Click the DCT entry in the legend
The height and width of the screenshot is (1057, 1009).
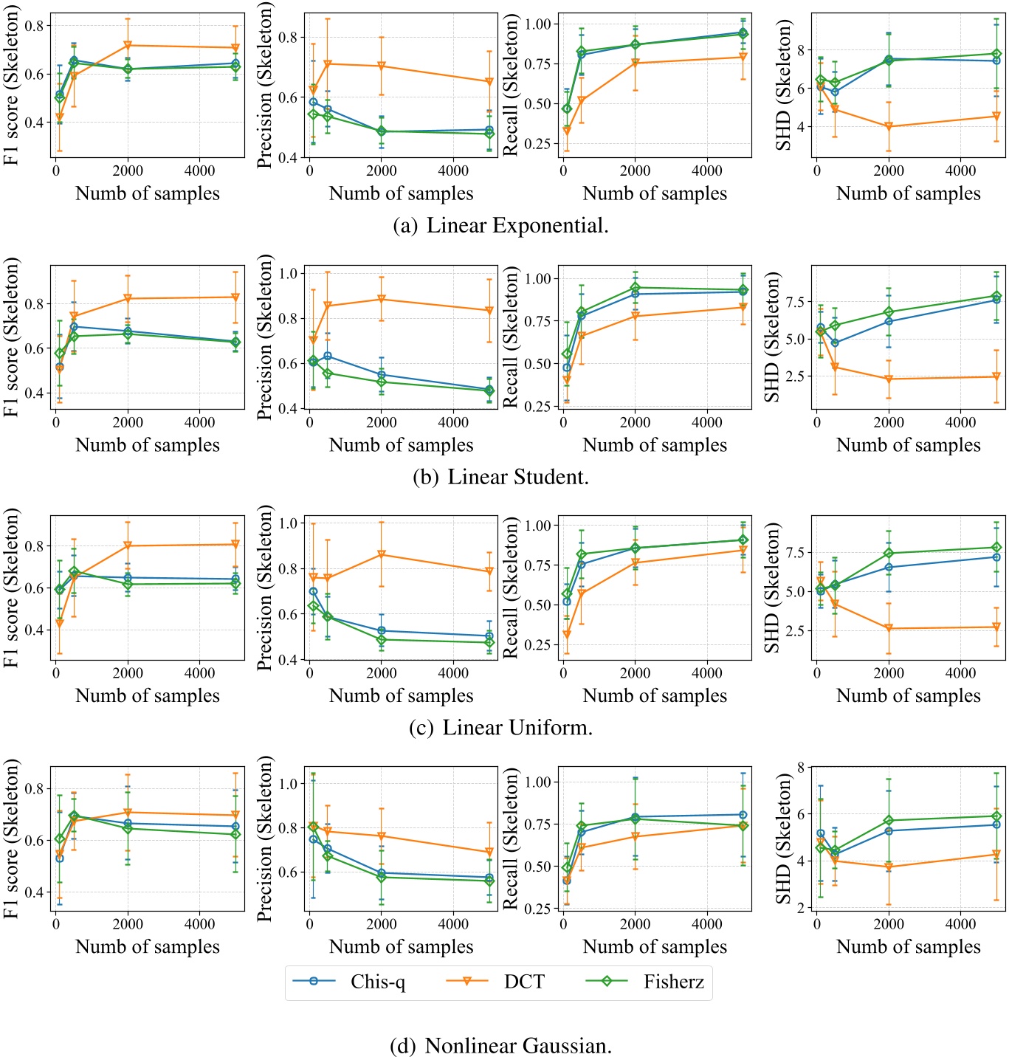tap(524, 982)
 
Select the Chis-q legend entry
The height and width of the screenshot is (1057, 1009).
tap(378, 982)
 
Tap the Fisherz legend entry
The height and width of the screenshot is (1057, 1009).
tap(673, 982)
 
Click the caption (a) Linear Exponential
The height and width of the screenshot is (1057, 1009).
tap(501, 225)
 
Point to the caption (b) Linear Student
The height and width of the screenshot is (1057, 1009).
tap(501, 477)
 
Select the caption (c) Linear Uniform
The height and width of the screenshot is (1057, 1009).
tap(501, 728)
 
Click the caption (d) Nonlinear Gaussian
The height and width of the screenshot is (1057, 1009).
tap(501, 1045)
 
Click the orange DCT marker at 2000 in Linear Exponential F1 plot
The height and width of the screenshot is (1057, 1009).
tap(128, 46)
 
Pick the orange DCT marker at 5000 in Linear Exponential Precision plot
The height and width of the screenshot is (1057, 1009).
tap(489, 82)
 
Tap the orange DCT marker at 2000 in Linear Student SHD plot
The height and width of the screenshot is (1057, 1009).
tap(889, 379)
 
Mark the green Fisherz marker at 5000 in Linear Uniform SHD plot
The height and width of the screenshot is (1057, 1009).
tap(996, 548)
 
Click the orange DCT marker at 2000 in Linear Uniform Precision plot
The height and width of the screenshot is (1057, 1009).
tap(382, 554)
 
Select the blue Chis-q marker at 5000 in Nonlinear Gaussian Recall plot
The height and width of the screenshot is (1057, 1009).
tap(743, 815)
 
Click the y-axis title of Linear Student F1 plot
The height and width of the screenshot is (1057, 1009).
tap(11, 337)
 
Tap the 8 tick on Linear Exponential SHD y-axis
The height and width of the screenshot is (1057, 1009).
tap(802, 50)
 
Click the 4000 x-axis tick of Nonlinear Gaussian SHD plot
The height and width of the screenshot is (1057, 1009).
tap(960, 924)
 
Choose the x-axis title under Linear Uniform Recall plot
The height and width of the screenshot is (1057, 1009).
tap(655, 696)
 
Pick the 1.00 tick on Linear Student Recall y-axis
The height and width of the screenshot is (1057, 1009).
tap(539, 279)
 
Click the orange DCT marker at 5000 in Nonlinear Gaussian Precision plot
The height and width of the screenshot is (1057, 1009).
tap(489, 853)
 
